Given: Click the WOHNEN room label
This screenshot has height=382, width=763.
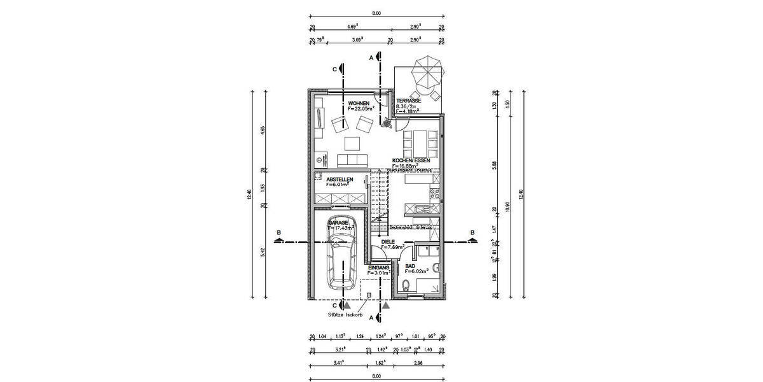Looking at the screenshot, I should click(x=358, y=103).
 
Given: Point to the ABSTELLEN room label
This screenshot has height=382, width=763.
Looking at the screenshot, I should click(x=340, y=180).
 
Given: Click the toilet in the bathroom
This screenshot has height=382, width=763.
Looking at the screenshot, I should click(x=408, y=285).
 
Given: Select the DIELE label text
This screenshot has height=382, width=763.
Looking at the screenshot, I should click(x=388, y=242).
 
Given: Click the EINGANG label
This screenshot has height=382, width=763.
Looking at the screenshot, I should click(x=379, y=267).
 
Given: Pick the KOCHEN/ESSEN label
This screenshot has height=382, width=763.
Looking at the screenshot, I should click(x=411, y=160).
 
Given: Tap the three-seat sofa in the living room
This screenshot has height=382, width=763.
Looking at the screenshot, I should click(x=350, y=159).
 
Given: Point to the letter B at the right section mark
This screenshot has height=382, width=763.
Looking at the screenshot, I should click(x=472, y=233).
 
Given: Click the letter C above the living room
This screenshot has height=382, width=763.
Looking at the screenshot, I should click(x=334, y=68).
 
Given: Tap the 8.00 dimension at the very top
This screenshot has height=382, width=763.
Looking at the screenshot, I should click(x=376, y=13).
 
